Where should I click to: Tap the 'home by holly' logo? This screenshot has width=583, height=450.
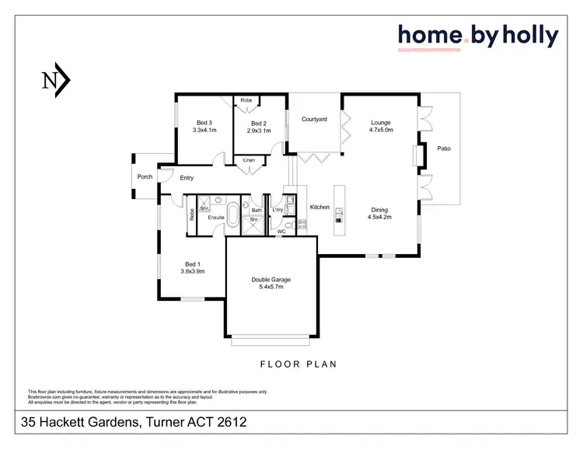[x=477, y=35]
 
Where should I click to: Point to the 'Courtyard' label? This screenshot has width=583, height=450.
[x=314, y=119]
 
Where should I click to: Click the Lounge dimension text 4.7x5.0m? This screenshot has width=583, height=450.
[x=381, y=131]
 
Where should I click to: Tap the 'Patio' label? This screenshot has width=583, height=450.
[x=444, y=148]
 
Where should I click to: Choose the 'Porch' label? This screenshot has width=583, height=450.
[x=145, y=176]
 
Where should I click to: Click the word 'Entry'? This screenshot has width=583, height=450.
[x=187, y=178]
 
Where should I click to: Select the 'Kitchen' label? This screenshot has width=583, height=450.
[x=319, y=208]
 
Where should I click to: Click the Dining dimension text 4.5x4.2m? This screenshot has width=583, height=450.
[x=379, y=217]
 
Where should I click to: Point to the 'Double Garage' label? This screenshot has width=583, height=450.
[x=271, y=280]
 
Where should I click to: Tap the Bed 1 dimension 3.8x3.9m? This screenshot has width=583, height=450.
[x=193, y=272]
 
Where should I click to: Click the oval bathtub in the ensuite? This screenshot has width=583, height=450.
[x=232, y=215]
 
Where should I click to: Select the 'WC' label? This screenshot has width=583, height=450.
[x=281, y=231]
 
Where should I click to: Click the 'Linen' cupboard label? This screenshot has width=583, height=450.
[x=249, y=160]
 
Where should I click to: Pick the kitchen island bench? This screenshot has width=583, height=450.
[x=339, y=210]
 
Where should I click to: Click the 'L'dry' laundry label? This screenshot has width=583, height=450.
[x=278, y=210]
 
